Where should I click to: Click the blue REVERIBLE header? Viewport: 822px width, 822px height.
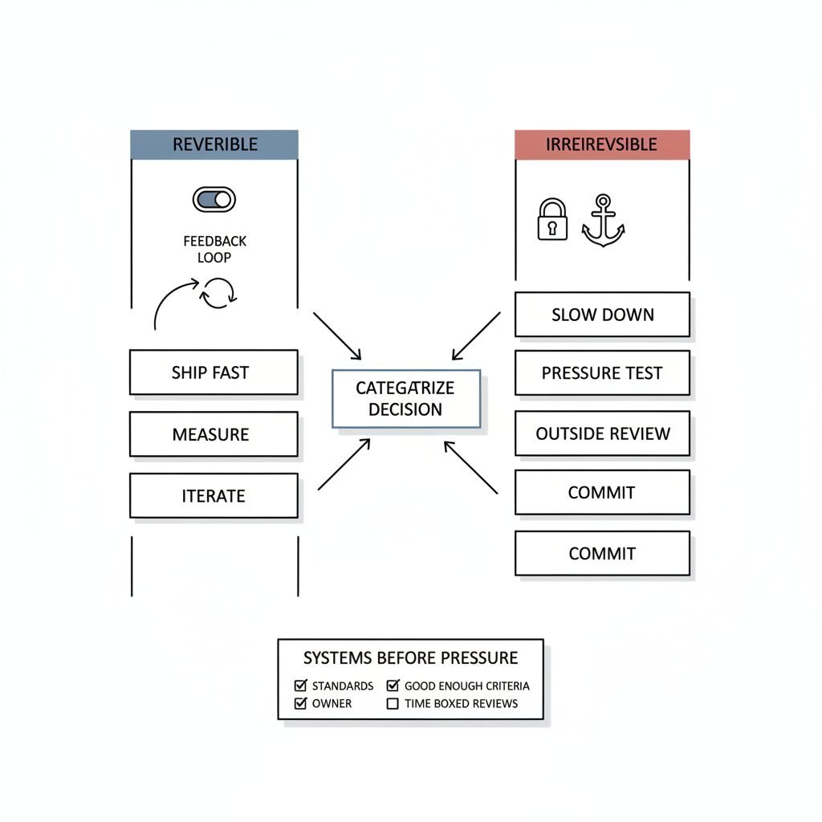pos(214,144)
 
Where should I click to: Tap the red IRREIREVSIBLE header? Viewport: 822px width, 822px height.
pos(601,144)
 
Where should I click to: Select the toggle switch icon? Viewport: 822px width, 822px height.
pos(214,199)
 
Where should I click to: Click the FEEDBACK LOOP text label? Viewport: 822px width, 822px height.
pos(214,249)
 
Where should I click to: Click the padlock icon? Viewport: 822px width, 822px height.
pos(551,220)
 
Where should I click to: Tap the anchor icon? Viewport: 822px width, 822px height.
pos(602,220)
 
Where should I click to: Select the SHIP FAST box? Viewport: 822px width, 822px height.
pos(214,372)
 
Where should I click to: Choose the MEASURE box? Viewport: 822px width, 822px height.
pos(214,434)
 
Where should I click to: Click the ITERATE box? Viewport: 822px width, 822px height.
pos(214,495)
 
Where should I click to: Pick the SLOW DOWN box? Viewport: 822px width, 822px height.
pos(602,315)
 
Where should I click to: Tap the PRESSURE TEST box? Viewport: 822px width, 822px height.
pos(602,373)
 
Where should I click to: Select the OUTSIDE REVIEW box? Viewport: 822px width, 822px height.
pos(602,434)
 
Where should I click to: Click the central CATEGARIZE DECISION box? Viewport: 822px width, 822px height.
pos(405,398)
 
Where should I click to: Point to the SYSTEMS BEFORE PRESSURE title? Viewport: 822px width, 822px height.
pos(410,658)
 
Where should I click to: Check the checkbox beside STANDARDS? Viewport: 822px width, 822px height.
pos(301,686)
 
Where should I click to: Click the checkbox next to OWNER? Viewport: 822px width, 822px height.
pos(301,703)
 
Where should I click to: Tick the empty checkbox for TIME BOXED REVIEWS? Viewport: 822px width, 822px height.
pos(393,703)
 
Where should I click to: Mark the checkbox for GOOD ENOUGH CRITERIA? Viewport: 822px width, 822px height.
pos(393,686)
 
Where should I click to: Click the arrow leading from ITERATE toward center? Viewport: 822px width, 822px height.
pos(344,465)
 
